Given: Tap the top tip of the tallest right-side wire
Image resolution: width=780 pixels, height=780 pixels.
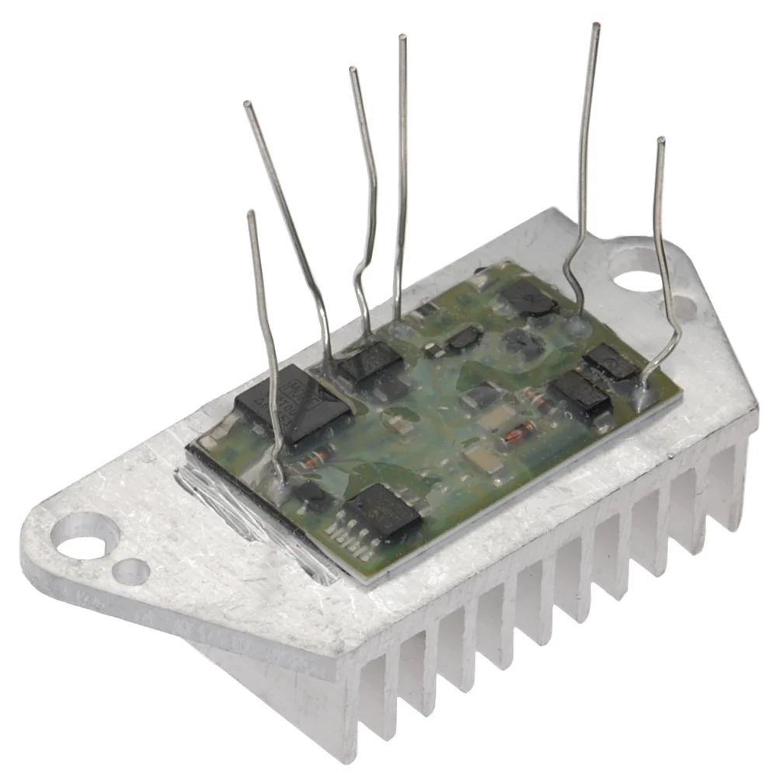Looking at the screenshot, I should pyautogui.click(x=596, y=26).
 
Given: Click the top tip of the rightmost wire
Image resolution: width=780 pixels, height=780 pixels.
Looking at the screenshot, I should pyautogui.click(x=660, y=141).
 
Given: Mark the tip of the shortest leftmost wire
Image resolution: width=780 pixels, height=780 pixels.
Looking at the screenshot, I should pyautogui.click(x=250, y=213).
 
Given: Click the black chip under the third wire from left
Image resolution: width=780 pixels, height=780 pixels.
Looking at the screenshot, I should pyautogui.click(x=371, y=361).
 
